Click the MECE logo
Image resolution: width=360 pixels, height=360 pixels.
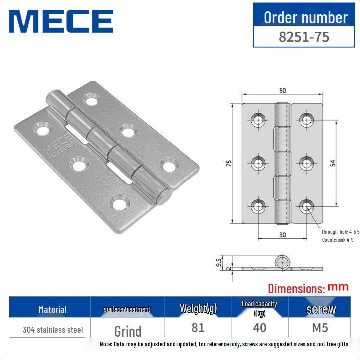pyautogui.click(x=61, y=21)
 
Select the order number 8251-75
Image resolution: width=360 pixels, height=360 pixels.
pyautogui.click(x=304, y=37)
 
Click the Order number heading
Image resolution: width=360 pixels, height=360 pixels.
pyautogui.click(x=305, y=17)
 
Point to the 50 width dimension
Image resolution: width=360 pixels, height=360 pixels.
pyautogui.click(x=283, y=91)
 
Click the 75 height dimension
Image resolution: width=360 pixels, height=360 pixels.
pyautogui.click(x=229, y=164)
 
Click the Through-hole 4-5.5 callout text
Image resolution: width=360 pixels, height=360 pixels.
pyautogui.click(x=340, y=232)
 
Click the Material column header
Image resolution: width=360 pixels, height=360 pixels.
pyautogui.click(x=52, y=309)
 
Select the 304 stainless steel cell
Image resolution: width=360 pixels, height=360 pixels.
pyautogui.click(x=52, y=330)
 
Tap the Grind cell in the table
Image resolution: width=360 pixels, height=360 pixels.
pyautogui.click(x=128, y=331)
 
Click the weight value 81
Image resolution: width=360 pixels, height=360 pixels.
pyautogui.click(x=198, y=328)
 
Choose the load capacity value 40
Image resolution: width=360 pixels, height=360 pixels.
pyautogui.click(x=260, y=328)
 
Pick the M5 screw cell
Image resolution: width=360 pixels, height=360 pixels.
pyautogui.click(x=321, y=328)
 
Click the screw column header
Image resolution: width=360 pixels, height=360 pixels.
pyautogui.click(x=321, y=309)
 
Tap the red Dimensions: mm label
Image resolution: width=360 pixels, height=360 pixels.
pyautogui.click(x=308, y=287)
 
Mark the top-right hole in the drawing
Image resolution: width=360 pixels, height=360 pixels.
pyautogui.click(x=306, y=119)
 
